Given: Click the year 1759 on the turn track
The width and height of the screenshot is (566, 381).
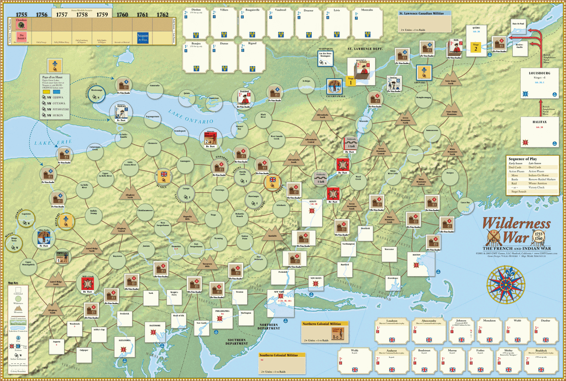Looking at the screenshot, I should point(102,14).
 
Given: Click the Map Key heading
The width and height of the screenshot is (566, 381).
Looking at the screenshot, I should point(13,283).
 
